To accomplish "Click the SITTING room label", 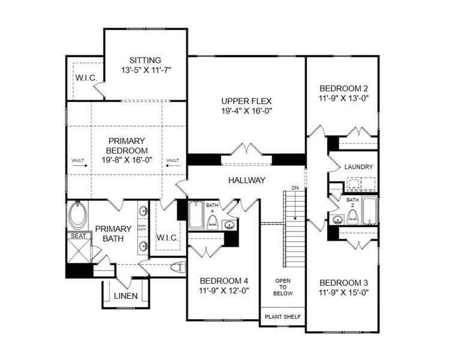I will [145, 60].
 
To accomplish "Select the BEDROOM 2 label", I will [344, 86].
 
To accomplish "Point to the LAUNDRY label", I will [359, 167].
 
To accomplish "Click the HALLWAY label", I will [247, 180].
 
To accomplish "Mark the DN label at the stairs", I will [294, 188].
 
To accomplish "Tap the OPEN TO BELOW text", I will [283, 287].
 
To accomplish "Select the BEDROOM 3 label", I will [344, 283].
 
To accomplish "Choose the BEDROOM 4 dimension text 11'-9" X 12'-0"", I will [224, 291].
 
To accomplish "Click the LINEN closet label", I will [126, 296].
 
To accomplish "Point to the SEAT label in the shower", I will [79, 236].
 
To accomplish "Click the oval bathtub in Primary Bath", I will [79, 216].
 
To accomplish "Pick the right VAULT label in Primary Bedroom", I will [173, 160].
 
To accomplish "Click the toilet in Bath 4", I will [212, 223].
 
